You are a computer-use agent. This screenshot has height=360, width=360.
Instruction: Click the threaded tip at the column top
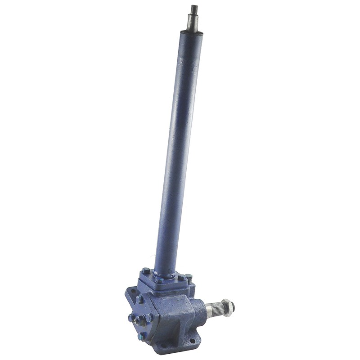point(194,9)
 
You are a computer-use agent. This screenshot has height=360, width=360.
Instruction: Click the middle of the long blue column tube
point(175,148)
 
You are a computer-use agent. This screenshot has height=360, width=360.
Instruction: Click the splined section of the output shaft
point(216,309)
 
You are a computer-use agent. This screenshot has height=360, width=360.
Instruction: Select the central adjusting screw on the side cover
point(140,320)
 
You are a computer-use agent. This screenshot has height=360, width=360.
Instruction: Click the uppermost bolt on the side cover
point(139,299)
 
